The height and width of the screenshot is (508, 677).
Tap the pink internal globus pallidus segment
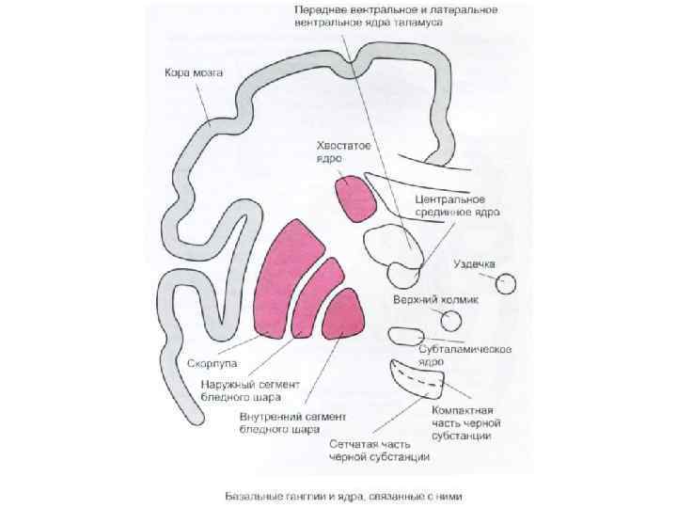click(x=344, y=314)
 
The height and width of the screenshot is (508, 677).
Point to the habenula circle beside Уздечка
click(x=507, y=282)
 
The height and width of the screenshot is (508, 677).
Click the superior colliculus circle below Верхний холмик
click(x=451, y=321)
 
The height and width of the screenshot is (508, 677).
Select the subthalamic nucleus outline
click(x=406, y=336)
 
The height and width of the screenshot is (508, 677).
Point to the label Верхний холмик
click(x=435, y=299)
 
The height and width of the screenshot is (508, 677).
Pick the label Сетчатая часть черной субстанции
click(x=379, y=451)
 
